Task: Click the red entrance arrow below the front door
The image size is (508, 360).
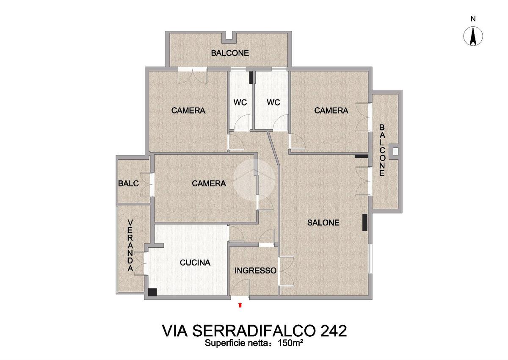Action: tap(240, 305)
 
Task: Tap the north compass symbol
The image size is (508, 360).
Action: tap(473, 36)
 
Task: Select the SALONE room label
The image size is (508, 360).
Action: tap(323, 222)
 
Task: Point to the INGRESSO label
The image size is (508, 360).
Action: tap(255, 270)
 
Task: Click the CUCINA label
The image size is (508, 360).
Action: tap(195, 263)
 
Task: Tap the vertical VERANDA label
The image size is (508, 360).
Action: tap(130, 245)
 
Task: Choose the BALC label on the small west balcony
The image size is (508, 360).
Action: tap(128, 183)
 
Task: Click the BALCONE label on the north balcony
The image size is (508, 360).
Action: tap(230, 53)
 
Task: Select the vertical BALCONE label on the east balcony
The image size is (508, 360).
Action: tap(382, 150)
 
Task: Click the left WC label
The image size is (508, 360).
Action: tap(240, 102)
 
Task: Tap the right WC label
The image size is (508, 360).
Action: tap(273, 102)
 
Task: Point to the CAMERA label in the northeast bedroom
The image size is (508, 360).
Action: tap(331, 111)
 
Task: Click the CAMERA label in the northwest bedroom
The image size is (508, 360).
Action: tap(188, 111)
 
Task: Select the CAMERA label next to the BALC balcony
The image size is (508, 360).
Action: tap(209, 183)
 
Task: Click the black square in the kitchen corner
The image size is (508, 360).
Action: tap(152, 292)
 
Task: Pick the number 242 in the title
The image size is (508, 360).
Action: tap(333, 331)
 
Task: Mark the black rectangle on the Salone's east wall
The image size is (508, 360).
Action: tap(364, 222)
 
